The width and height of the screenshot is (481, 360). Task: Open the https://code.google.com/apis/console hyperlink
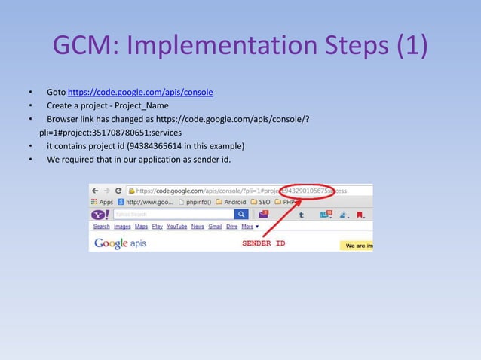click(x=140, y=93)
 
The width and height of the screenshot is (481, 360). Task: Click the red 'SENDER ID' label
click(x=263, y=243)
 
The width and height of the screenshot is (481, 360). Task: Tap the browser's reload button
click(x=118, y=191)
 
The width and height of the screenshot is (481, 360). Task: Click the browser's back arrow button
click(x=95, y=191)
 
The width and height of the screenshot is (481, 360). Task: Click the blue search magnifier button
click(x=240, y=215)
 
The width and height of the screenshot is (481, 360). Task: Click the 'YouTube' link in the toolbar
click(x=176, y=226)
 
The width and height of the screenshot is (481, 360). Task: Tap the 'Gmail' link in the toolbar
click(x=215, y=226)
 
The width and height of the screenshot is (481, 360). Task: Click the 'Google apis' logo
click(x=120, y=243)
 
